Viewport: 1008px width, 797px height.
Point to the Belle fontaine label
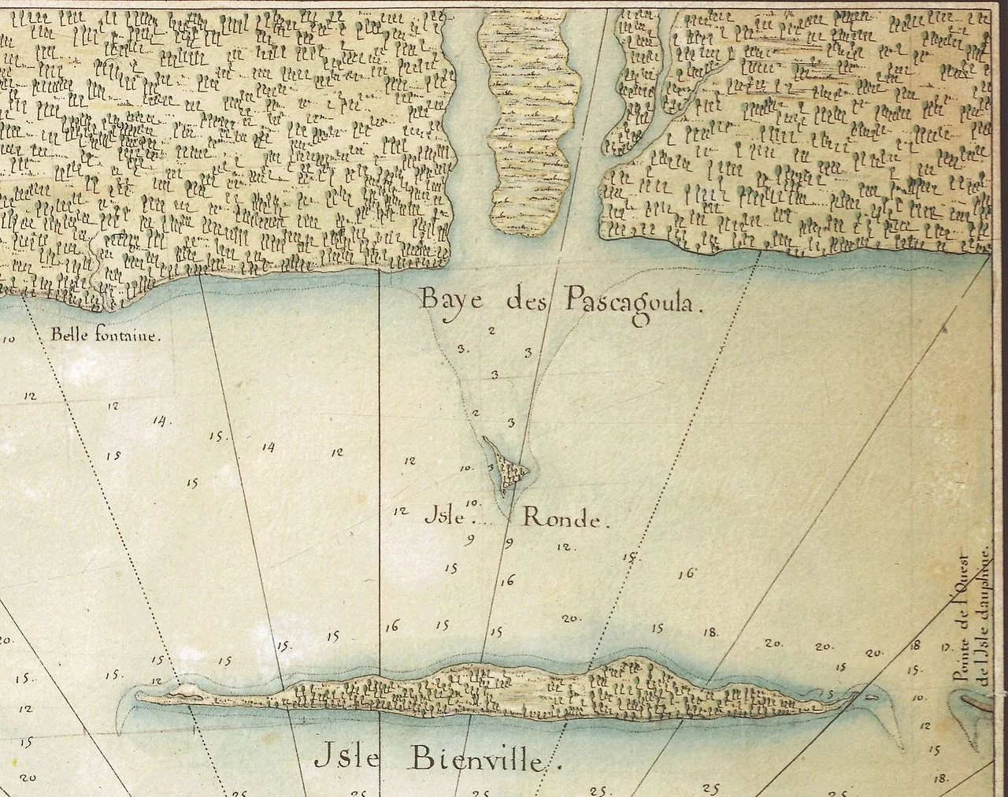coord(106,334)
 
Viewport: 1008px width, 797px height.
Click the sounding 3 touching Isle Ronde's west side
coord(491,467)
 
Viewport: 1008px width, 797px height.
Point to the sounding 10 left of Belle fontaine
coord(10,340)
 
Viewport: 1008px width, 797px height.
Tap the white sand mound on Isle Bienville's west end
coord(185,691)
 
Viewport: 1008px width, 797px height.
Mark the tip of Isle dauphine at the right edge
coord(976,701)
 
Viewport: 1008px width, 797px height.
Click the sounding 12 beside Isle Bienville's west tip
coord(157,681)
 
